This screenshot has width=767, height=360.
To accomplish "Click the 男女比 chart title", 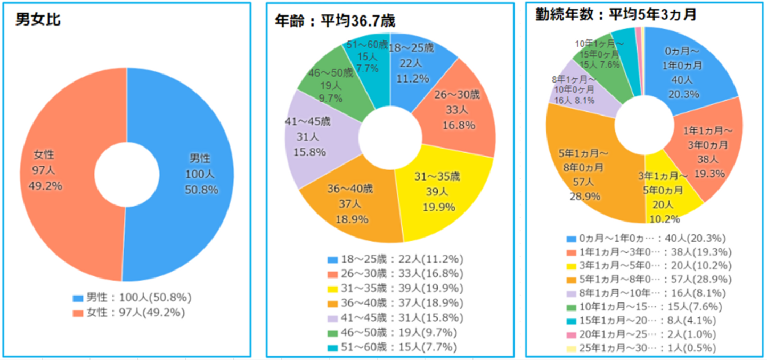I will pos(38,20).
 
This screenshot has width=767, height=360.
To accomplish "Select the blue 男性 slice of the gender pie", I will pos(197,176).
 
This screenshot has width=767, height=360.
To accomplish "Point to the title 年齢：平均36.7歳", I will pos(335,21).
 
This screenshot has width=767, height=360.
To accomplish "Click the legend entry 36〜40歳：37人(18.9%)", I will pos(395,304).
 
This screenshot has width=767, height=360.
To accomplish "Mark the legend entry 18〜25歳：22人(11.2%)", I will pos(395,259).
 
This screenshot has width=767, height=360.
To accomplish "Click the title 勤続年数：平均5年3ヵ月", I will pos(616,15).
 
